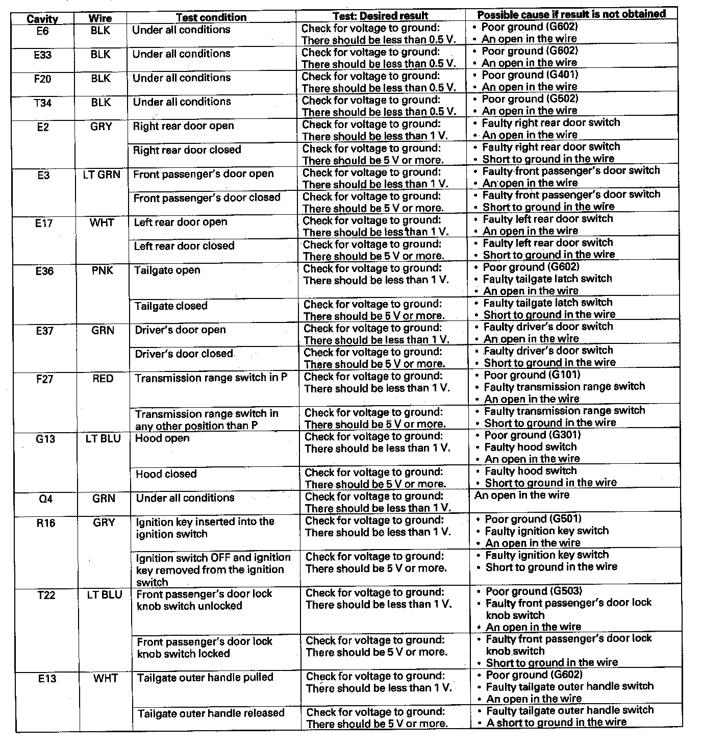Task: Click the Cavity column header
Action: tap(42, 19)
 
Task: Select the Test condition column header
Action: tap(211, 17)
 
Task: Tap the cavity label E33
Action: tap(42, 55)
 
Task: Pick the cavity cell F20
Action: tap(42, 79)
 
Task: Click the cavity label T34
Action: tap(43, 103)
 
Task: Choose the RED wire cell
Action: tap(103, 379)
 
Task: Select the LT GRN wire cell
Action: tap(102, 175)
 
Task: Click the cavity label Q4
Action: tap(46, 499)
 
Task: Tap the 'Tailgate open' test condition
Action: tap(167, 270)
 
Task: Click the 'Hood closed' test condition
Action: tap(166, 474)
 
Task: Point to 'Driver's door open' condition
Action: tap(180, 330)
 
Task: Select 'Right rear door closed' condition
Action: tap(187, 150)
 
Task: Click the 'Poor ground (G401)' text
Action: tap(530, 75)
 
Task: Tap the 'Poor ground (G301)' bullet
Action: tap(532, 435)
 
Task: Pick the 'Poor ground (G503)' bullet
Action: tap(534, 591)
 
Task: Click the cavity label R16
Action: tap(46, 523)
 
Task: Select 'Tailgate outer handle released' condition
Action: tap(211, 713)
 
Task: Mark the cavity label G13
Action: tap(45, 439)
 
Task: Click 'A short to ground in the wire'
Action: tap(556, 722)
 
